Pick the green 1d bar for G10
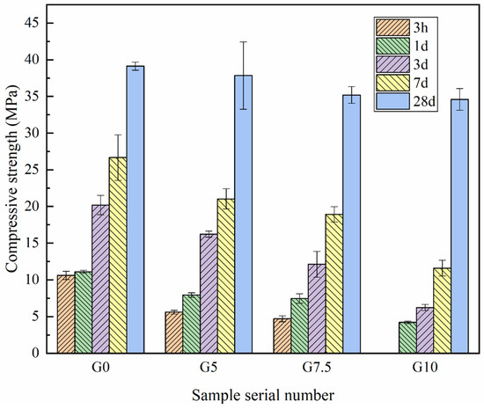[x=407, y=337]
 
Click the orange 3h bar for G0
[x=65, y=314]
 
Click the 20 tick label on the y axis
[x=36, y=207]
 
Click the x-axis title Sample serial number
[x=263, y=393]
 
